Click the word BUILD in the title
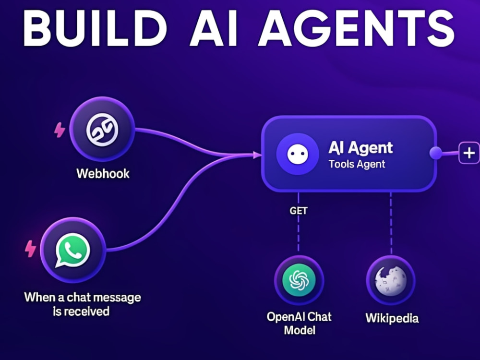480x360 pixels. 95,28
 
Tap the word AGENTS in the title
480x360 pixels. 357,28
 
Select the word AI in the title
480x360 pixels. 214,28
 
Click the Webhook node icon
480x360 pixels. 102,130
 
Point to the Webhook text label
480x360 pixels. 103,174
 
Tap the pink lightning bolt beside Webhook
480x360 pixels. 60,130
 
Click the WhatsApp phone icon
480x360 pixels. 73,250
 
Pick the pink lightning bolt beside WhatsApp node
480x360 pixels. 30,248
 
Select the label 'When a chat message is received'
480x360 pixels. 82,304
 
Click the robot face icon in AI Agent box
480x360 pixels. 298,154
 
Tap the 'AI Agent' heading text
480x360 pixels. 360,148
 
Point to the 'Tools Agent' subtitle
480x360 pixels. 357,164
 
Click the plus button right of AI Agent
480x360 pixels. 469,153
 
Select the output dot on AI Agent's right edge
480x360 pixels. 436,153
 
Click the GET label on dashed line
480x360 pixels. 299,211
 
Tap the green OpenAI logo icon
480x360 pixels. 299,280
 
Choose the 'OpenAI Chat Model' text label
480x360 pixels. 299,323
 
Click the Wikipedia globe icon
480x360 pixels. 391,281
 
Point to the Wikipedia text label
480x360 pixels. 392,318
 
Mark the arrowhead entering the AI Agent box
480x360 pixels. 257,155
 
